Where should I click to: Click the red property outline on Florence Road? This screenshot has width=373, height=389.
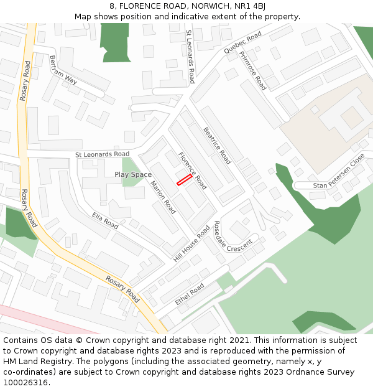183,180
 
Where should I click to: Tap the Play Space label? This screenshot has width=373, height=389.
133,175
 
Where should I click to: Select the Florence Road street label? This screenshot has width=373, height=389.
192,171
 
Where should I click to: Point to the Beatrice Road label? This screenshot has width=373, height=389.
218,146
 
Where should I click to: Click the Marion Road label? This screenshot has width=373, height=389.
163,198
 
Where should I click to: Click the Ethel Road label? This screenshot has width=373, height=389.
190,294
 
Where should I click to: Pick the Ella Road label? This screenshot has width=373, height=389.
105,220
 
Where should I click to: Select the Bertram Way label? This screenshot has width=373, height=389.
63,70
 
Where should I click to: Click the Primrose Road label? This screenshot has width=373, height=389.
252,70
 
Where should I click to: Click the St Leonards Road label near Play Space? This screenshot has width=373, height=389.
102,154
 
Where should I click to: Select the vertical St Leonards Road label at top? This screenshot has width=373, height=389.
191,56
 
